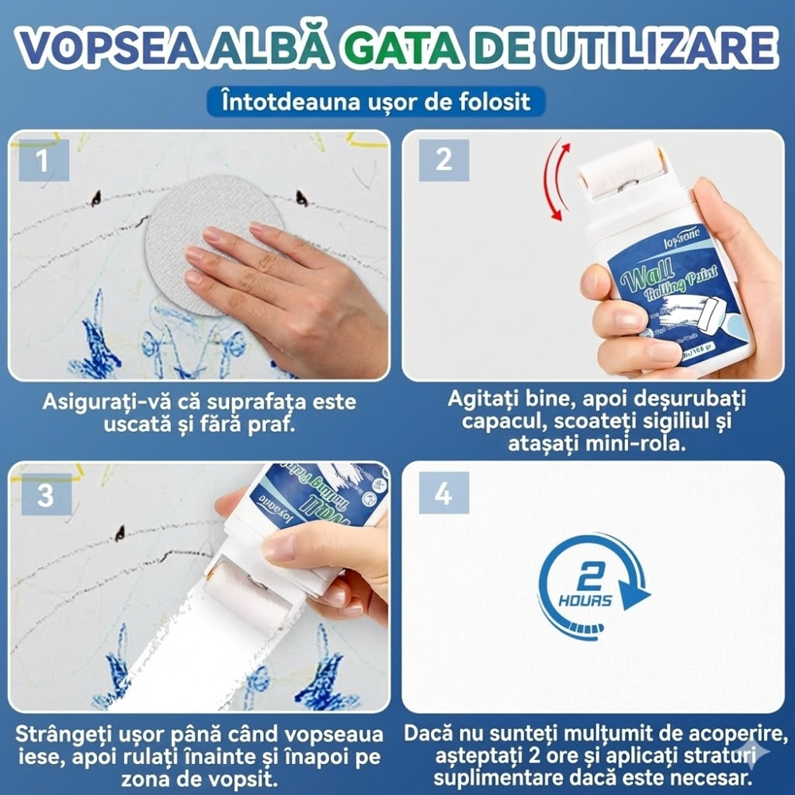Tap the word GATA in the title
click(x=401, y=49)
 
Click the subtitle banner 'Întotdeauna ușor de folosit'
click(x=375, y=103)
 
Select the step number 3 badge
click(x=45, y=495)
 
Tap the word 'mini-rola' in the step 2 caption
click(x=642, y=443)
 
